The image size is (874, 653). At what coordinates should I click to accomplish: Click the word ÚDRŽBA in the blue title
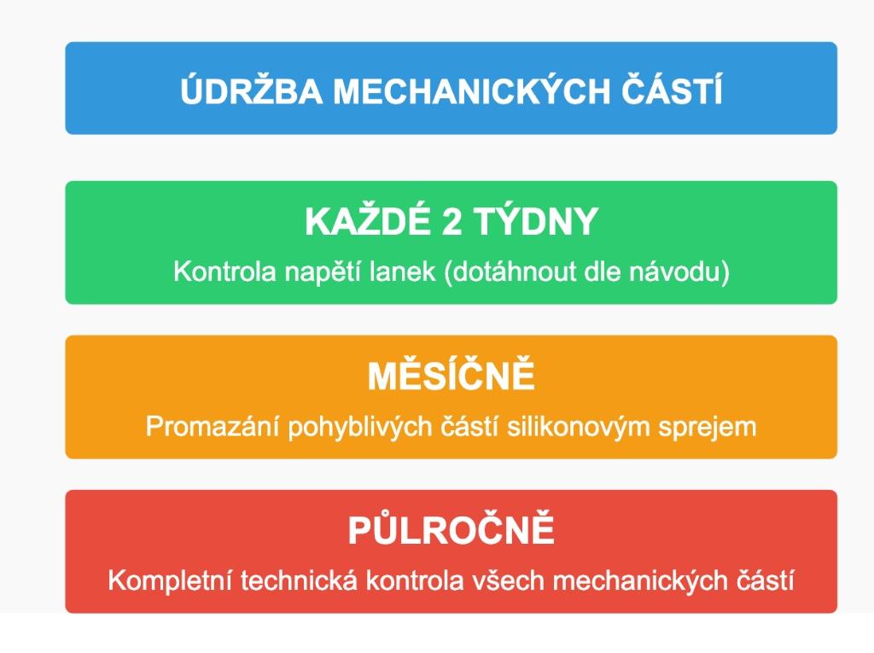252,90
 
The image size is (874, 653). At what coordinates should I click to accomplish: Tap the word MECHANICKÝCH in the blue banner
471,90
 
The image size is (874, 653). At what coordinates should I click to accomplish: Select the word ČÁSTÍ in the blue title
673,90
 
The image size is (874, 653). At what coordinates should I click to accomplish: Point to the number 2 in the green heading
452,221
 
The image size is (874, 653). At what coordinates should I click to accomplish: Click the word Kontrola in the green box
224,271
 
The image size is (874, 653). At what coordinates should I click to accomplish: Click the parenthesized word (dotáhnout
510,272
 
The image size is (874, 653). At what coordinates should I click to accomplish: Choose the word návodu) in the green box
679,272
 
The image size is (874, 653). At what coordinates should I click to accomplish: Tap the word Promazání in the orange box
213,427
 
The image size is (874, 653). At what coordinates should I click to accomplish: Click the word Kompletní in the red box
170,581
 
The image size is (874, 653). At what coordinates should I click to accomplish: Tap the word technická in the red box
299,580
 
